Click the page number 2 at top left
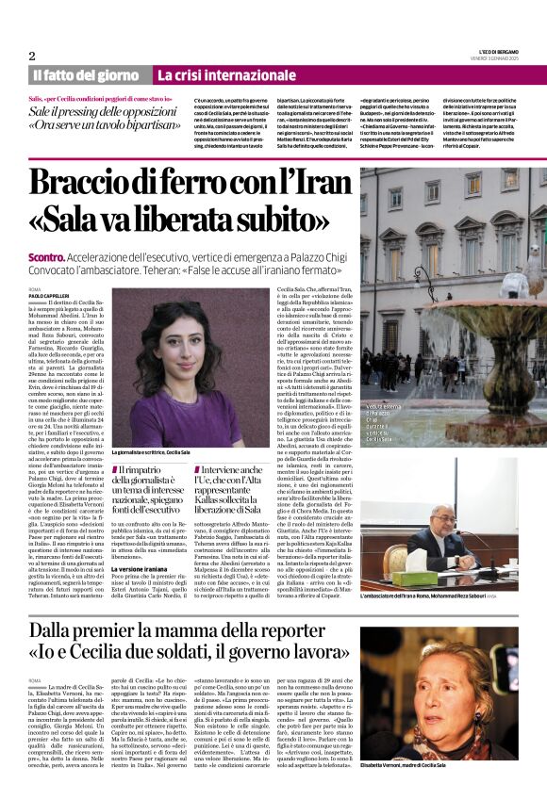coord(32,56)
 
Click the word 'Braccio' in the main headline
coord(91,182)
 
